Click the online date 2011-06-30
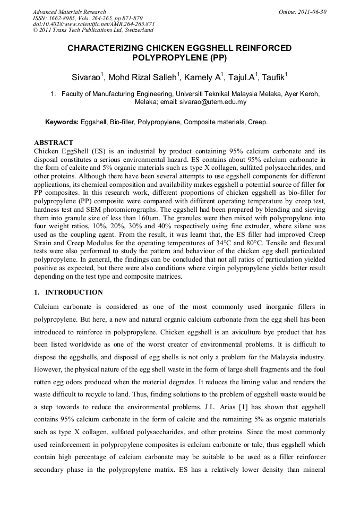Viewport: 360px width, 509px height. pos(313,12)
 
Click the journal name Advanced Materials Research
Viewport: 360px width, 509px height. pos(70,12)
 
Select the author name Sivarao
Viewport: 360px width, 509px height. pos(87,77)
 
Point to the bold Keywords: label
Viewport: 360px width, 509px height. pos(62,122)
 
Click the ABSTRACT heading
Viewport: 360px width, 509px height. pos(54,143)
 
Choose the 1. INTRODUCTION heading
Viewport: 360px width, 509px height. pos(68,292)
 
